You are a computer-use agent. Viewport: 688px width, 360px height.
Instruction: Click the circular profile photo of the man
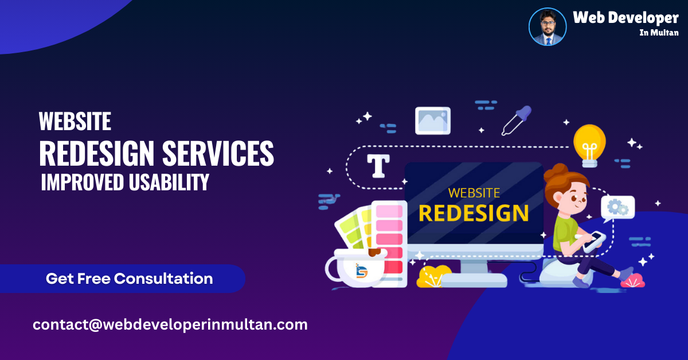click(x=547, y=27)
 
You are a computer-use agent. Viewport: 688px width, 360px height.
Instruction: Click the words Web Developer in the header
click(x=626, y=18)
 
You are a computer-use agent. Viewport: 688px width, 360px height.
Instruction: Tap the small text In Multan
click(x=659, y=33)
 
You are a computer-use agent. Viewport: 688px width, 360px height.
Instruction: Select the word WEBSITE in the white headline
click(x=75, y=122)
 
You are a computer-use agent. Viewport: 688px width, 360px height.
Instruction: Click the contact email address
click(x=170, y=324)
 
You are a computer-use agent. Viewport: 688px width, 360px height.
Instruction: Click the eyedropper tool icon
click(x=516, y=120)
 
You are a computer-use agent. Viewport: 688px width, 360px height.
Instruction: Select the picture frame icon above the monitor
click(x=433, y=120)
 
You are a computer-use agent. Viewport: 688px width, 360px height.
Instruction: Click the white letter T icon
click(x=378, y=165)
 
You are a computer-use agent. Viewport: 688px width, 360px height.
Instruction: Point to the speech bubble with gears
click(x=617, y=208)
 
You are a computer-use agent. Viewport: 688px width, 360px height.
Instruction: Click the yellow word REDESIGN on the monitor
click(x=474, y=213)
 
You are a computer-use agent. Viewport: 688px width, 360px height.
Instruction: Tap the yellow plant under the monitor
click(x=433, y=276)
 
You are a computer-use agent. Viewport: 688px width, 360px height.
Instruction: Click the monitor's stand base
click(x=474, y=279)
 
